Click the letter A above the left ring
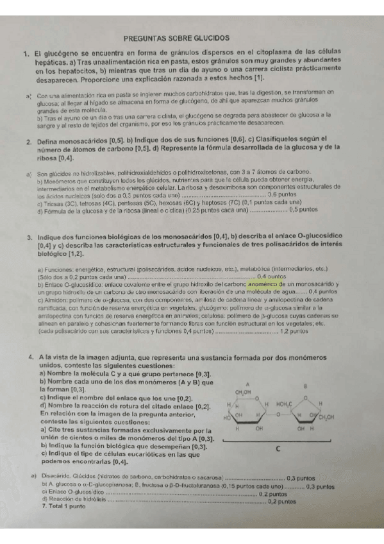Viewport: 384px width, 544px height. pos(247,384)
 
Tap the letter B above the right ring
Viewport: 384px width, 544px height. pos(306,387)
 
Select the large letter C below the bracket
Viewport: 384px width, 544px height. pos(278,448)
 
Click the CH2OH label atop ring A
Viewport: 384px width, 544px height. pos(243,393)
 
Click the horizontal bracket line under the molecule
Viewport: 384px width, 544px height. pos(276,441)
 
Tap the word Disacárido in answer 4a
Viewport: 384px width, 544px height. pos(54,477)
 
